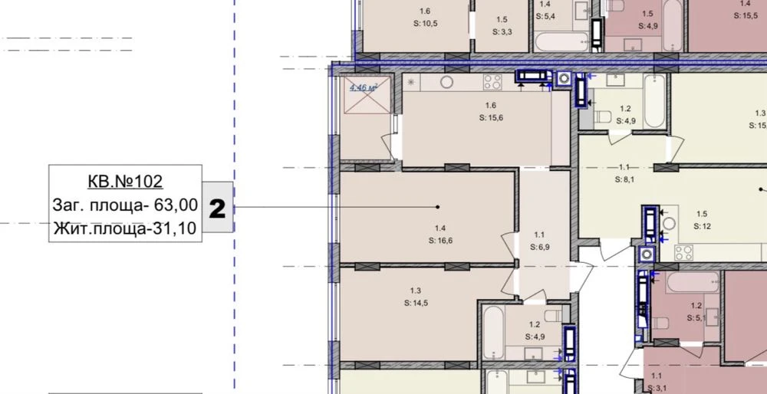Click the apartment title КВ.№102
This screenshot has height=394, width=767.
pyautogui.click(x=125, y=182)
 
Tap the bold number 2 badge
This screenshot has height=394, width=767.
pyautogui.click(x=217, y=209)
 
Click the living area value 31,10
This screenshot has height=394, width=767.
pyautogui.click(x=173, y=228)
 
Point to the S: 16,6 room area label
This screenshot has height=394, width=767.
pyautogui.click(x=440, y=241)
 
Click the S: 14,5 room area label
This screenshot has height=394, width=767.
pyautogui.click(x=416, y=303)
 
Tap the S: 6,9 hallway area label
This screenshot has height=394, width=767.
pyautogui.click(x=540, y=248)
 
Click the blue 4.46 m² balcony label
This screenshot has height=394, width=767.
pyautogui.click(x=363, y=88)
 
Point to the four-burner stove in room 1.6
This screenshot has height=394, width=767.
pyautogui.click(x=492, y=82)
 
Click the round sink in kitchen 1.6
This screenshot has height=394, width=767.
pyautogui.click(x=446, y=82)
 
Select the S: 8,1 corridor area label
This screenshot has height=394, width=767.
pyautogui.click(x=625, y=179)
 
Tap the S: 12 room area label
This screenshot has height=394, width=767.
pyautogui.click(x=702, y=226)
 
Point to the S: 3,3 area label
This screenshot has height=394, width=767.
pyautogui.click(x=502, y=32)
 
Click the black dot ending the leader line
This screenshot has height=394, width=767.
pyautogui.click(x=437, y=207)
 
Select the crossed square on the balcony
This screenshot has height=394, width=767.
pyautogui.click(x=367, y=95)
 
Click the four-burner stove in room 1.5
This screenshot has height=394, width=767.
pyautogui.click(x=684, y=253)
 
